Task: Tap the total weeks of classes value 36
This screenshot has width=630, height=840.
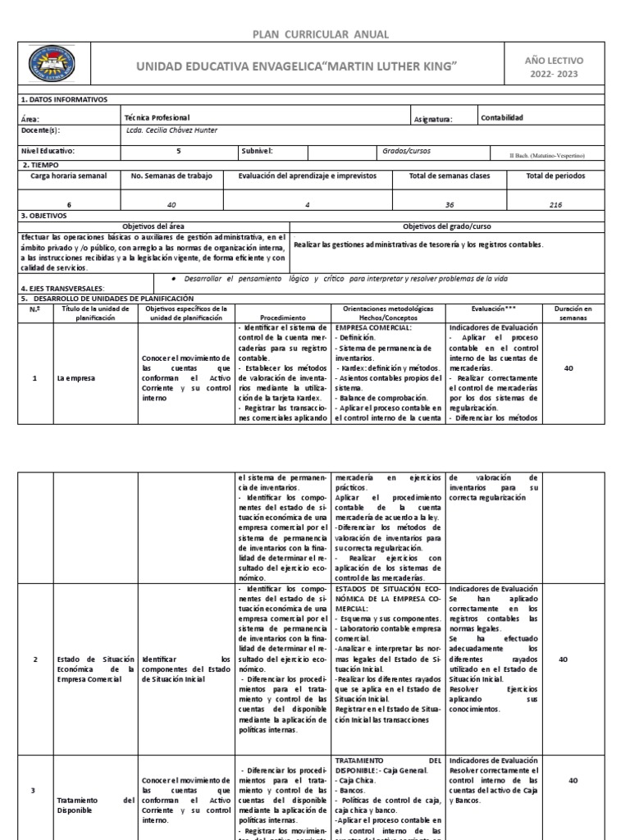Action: point(442,205)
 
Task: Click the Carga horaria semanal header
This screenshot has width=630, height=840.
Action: point(69,176)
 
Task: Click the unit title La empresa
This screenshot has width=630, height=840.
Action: point(74,379)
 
